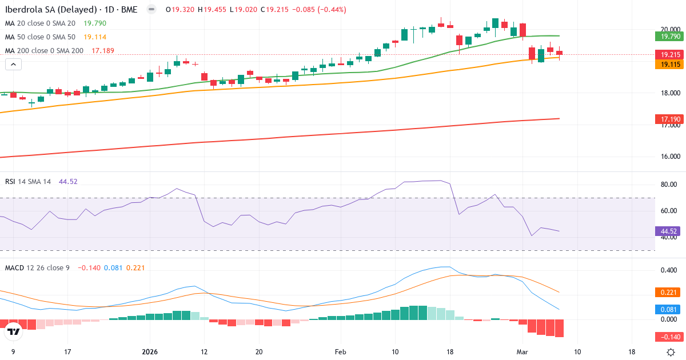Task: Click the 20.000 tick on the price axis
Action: pos(669,30)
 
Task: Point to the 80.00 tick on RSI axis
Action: pos(669,185)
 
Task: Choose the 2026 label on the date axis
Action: pos(150,352)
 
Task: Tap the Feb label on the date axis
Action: pos(340,352)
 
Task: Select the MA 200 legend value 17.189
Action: pos(103,50)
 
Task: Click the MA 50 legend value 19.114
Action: pos(95,37)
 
